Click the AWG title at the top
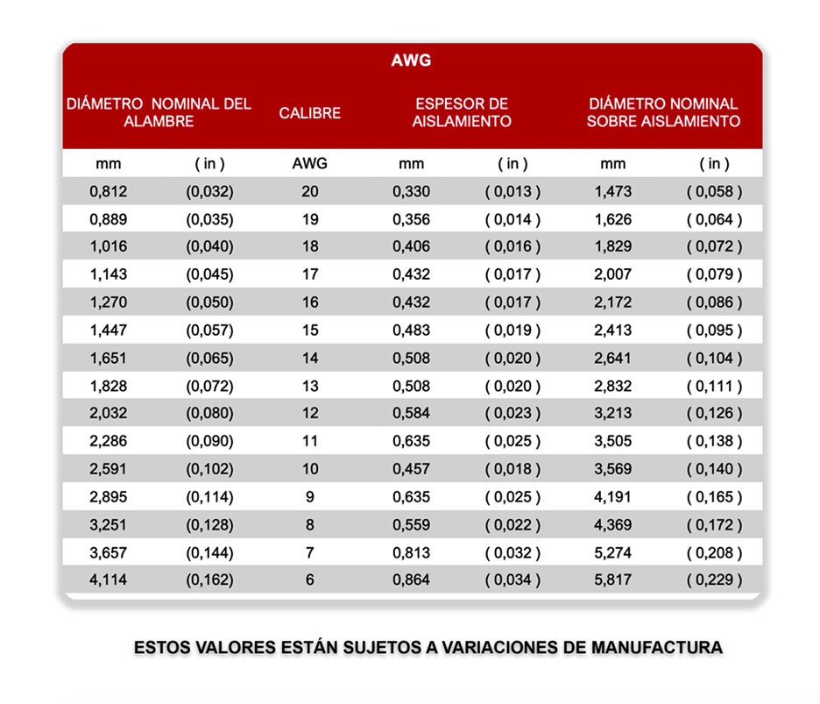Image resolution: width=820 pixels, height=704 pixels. tap(411, 61)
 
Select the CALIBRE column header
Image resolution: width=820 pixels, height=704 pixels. tap(310, 113)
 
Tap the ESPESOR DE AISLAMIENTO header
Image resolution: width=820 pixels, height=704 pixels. tap(462, 113)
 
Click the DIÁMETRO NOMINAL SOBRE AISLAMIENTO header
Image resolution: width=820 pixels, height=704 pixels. tap(663, 113)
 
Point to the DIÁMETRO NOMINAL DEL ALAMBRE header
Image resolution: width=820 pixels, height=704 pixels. tap(159, 113)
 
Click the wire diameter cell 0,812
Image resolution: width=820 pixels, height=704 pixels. tap(109, 191)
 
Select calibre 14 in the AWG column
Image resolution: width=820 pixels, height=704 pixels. tap(310, 358)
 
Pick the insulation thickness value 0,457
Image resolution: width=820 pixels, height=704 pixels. tap(411, 469)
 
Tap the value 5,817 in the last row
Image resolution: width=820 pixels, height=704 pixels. tap(612, 580)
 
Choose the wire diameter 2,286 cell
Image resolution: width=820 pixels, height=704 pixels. tap(109, 441)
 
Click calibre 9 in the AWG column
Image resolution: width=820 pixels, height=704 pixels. tap(310, 496)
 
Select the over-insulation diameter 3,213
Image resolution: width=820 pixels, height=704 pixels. tap(612, 413)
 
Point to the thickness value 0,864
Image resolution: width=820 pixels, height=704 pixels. tap(411, 580)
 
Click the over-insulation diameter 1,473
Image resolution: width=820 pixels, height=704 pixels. tap(612, 191)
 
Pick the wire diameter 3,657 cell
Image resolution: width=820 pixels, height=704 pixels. tap(109, 552)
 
